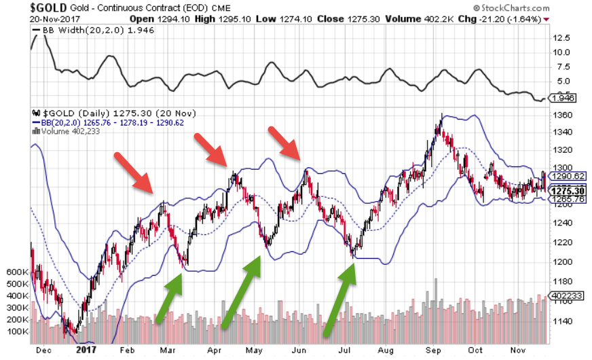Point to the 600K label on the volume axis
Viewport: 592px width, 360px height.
pyautogui.click(x=15, y=271)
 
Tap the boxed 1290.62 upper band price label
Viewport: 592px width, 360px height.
pyautogui.click(x=568, y=175)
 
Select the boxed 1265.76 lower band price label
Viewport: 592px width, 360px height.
pyautogui.click(x=568, y=199)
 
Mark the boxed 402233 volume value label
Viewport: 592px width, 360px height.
pyautogui.click(x=567, y=296)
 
